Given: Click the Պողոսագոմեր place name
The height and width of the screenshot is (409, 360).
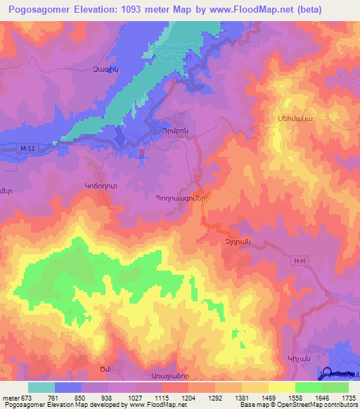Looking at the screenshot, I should (x=179, y=198).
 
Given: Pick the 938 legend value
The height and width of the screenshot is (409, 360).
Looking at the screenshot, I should (x=108, y=398).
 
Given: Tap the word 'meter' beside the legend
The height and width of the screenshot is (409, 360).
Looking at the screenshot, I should (x=9, y=398).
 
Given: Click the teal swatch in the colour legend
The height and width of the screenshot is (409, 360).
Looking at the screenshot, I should (x=41, y=387).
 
